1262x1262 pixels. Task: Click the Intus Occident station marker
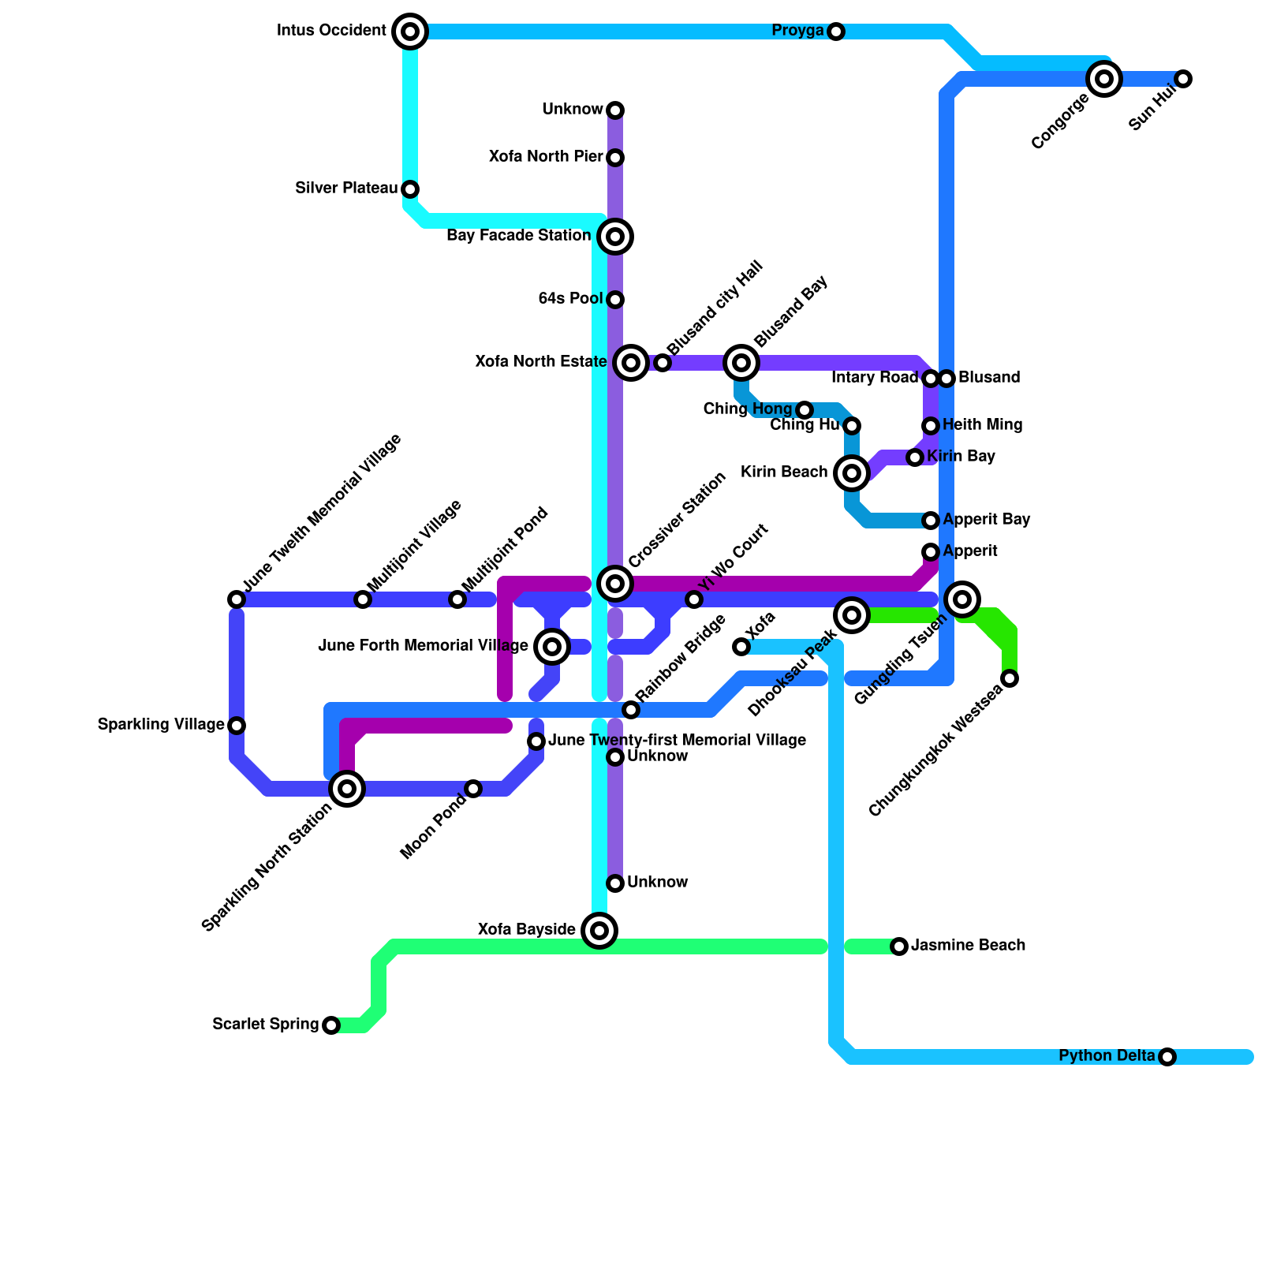click(x=410, y=32)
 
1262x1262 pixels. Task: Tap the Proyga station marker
click(x=836, y=32)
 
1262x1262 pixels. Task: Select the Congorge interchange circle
click(x=1104, y=79)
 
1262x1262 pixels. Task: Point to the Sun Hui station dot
click(x=1183, y=79)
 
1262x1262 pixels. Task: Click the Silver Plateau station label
click(x=346, y=189)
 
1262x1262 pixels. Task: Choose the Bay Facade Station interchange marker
click(x=615, y=237)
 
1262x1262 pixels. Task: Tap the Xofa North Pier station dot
click(x=615, y=158)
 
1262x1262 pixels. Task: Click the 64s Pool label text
click(x=570, y=299)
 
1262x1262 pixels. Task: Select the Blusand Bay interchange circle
click(x=741, y=363)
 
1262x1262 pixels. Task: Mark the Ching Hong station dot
click(x=805, y=410)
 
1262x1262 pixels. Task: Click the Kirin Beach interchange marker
click(x=852, y=473)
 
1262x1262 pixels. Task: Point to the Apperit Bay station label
click(x=986, y=520)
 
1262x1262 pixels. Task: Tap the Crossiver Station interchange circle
click(x=615, y=584)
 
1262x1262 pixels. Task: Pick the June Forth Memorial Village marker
click(x=552, y=647)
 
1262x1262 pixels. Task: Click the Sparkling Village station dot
click(x=237, y=726)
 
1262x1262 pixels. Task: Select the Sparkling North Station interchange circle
click(x=347, y=789)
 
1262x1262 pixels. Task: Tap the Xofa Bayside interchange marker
click(x=599, y=931)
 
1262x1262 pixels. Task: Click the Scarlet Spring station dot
click(x=331, y=1025)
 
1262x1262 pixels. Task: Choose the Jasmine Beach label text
click(x=968, y=946)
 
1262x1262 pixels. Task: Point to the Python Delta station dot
click(x=1167, y=1057)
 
